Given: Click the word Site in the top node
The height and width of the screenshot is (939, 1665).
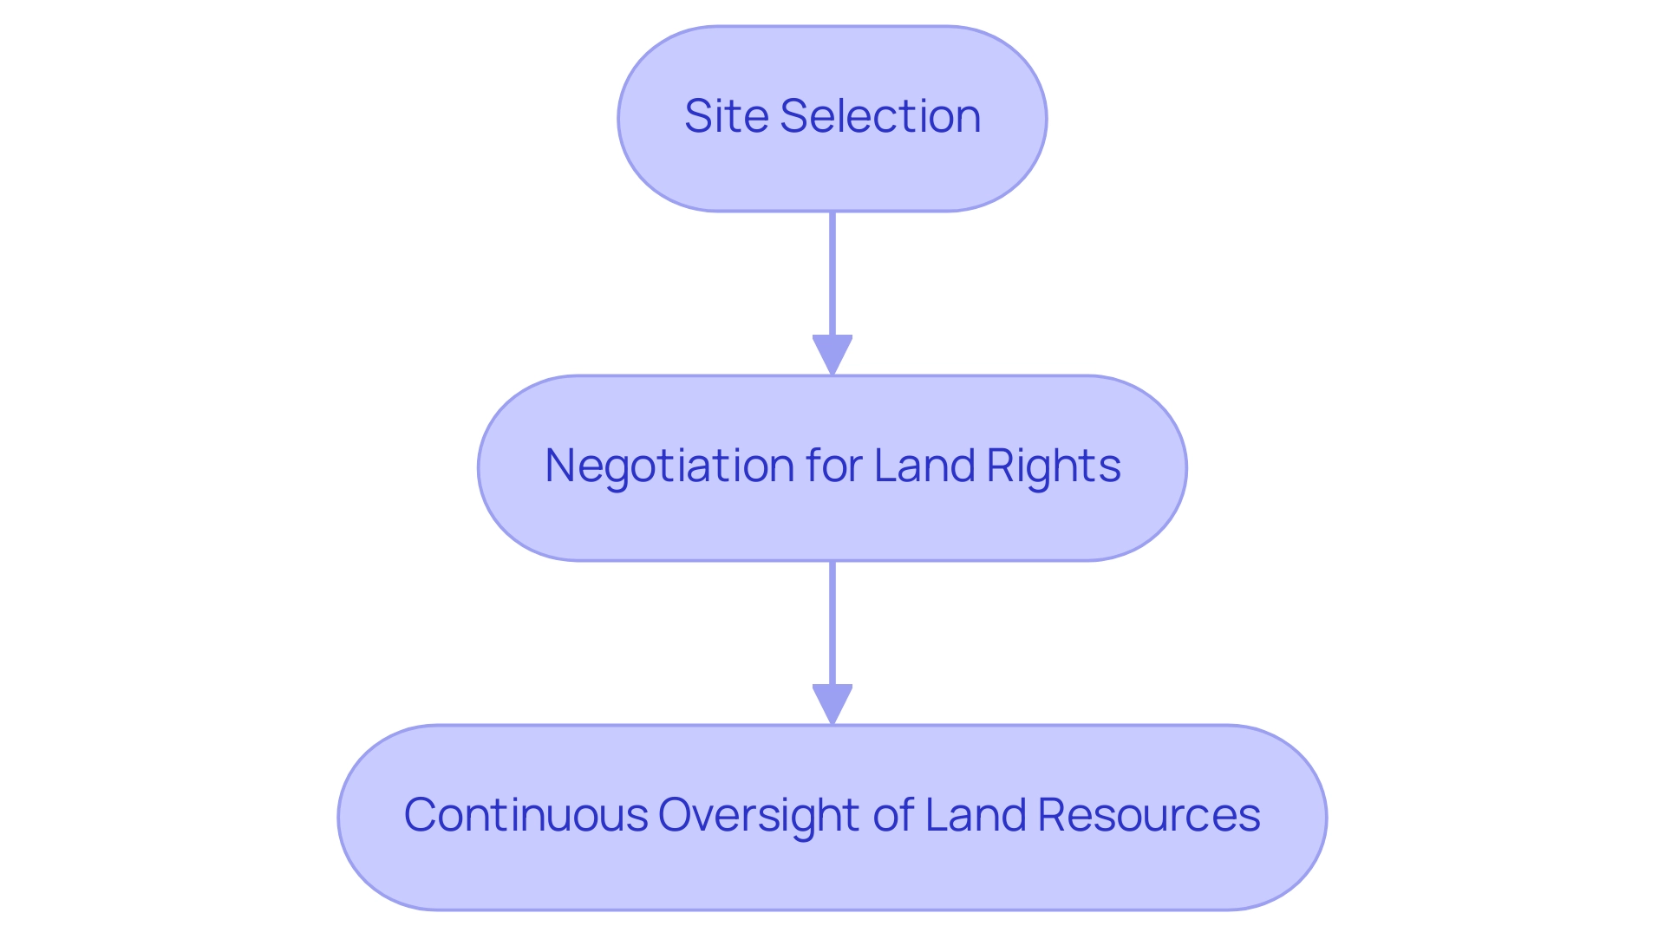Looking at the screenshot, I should pyautogui.click(x=727, y=116).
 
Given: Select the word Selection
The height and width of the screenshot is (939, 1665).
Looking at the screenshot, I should pyautogui.click(x=880, y=116).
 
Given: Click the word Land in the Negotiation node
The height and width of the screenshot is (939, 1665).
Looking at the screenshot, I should pyautogui.click(x=924, y=466).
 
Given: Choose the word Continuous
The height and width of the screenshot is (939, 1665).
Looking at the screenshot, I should pyautogui.click(x=526, y=815).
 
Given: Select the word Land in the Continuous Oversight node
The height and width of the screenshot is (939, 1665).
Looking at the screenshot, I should pyautogui.click(x=976, y=815).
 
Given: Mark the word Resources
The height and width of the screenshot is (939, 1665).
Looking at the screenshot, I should pyautogui.click(x=1149, y=815).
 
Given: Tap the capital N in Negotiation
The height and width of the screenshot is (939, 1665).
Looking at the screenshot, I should pyautogui.click(x=559, y=466).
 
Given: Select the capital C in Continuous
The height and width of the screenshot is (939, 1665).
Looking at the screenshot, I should pyautogui.click(x=421, y=815).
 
